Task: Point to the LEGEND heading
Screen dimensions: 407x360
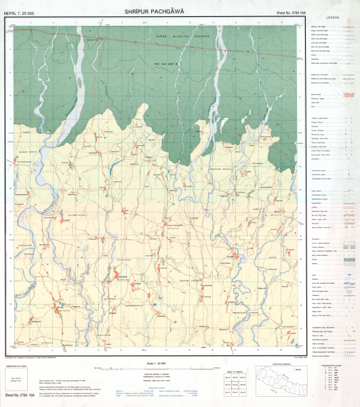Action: (333, 17)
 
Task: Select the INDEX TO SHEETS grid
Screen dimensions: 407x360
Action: (231, 385)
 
